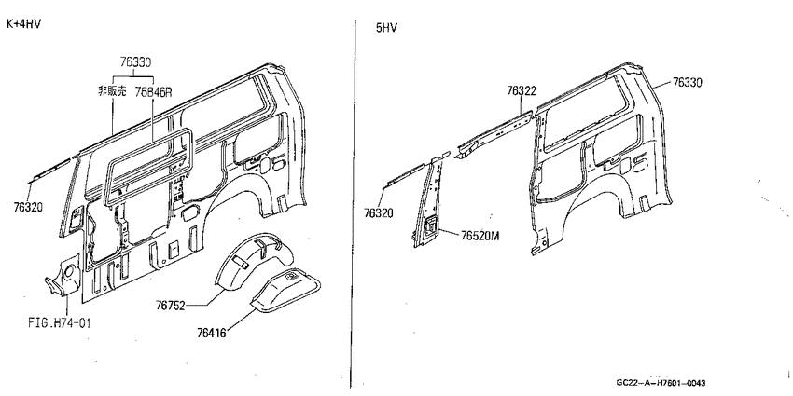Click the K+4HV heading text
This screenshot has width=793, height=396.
tap(23, 24)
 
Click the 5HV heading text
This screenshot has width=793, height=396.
tap(386, 28)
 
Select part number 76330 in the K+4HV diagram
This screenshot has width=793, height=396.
tap(135, 62)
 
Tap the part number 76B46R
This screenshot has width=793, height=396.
tap(154, 92)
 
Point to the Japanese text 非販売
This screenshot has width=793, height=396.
tap(112, 91)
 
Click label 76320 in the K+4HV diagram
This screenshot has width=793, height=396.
tap(28, 207)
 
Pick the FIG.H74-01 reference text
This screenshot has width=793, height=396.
tap(60, 322)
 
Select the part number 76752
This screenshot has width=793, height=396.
tap(171, 306)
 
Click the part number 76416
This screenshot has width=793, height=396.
tap(212, 333)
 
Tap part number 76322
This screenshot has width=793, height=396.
tap(522, 91)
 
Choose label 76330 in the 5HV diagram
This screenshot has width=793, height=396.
tap(688, 83)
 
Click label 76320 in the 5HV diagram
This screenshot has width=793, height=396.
tap(378, 213)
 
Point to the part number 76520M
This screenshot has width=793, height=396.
tap(480, 236)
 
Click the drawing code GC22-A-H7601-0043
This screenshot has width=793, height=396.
tap(661, 383)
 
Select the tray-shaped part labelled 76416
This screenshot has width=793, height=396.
tap(286, 291)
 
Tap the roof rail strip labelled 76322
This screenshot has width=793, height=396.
tap(494, 134)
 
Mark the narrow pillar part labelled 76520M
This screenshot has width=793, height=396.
tap(430, 202)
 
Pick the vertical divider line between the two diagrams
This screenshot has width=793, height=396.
tap(353, 202)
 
